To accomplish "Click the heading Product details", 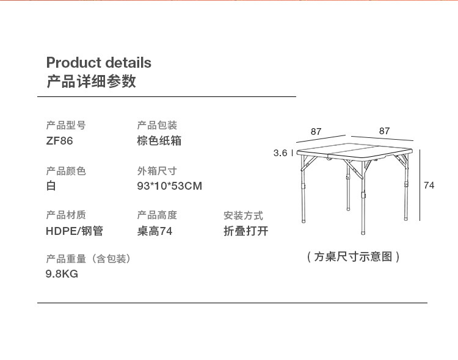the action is (x=99, y=62).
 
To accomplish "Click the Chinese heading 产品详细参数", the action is (x=91, y=81).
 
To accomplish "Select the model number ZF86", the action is (x=59, y=141).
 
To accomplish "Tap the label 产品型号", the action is (x=66, y=125).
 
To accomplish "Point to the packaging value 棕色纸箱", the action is (x=159, y=141).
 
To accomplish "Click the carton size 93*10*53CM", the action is (x=169, y=186).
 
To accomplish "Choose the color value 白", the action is (x=51, y=185).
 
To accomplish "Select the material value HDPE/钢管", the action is (x=75, y=231).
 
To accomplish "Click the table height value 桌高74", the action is (x=154, y=231).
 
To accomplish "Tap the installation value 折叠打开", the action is (x=246, y=231).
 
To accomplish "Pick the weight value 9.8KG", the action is (x=62, y=274).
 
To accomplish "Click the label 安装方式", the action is (x=243, y=216).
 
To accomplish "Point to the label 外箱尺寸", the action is (x=157, y=171).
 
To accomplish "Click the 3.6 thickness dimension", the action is (x=280, y=153).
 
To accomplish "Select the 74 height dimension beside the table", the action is (x=429, y=185).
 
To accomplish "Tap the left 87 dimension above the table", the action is (x=316, y=132).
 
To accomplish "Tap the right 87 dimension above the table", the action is (x=384, y=131).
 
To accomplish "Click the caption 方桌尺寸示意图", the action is (x=353, y=257).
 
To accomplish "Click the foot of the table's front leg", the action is (x=363, y=232).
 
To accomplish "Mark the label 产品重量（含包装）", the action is (x=88, y=259).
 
